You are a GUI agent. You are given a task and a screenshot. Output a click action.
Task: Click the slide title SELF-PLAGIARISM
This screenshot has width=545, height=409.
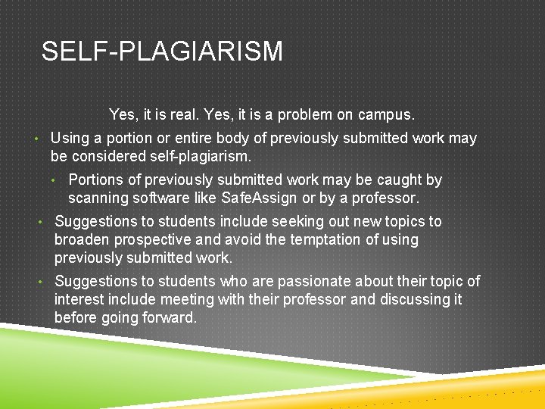[162, 52]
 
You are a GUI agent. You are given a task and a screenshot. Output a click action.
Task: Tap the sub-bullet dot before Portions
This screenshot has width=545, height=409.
[54, 181]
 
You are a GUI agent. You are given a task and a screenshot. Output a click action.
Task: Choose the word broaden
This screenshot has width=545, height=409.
[82, 240]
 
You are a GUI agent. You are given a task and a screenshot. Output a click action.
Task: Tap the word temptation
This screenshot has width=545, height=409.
[319, 240]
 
